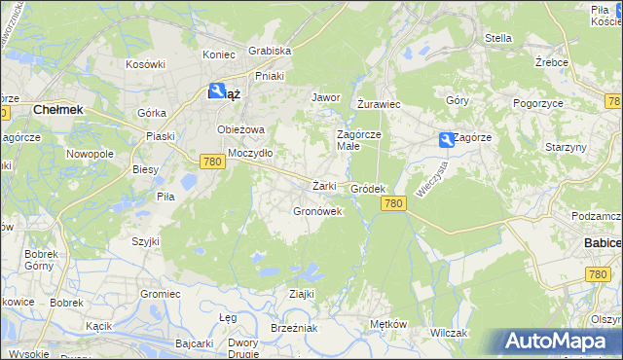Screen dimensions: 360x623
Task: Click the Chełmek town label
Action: tap(57, 110)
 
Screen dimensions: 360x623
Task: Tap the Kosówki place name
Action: tap(145, 64)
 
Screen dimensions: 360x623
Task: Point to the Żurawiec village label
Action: tap(379, 103)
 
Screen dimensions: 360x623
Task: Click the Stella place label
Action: tap(498, 38)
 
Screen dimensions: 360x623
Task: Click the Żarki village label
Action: tap(324, 186)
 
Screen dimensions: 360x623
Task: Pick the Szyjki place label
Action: tap(146, 240)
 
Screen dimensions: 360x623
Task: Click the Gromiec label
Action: tap(160, 293)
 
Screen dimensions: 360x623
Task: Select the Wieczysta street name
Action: tap(430, 179)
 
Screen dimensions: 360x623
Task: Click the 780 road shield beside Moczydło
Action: tap(212, 162)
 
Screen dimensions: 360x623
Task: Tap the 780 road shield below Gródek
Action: tap(393, 202)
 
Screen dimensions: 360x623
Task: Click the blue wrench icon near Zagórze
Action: tap(446, 140)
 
